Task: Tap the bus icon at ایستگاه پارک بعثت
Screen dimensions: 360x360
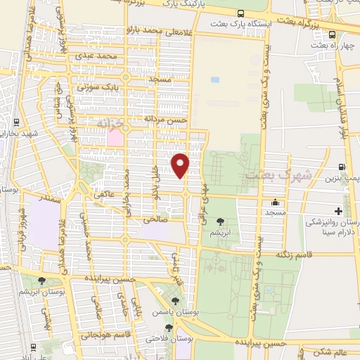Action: click(241, 14)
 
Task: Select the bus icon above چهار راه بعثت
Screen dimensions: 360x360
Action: click(331, 34)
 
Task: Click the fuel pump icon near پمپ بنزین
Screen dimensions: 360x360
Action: click(342, 167)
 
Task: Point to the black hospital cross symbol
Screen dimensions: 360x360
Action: click(339, 211)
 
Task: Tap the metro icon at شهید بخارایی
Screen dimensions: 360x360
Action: click(16, 121)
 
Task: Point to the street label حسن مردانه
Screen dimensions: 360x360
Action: click(166, 119)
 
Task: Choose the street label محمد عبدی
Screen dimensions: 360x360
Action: click(97, 56)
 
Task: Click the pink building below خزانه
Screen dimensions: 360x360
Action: click(114, 138)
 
